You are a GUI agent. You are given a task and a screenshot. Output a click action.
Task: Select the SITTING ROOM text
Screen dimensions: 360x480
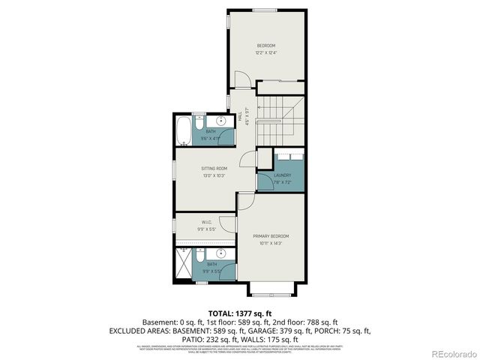(x=214, y=168)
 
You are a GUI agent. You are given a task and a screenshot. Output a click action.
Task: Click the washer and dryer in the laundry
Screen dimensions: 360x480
(x=289, y=158)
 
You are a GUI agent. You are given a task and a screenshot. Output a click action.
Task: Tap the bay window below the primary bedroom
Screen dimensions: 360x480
(x=265, y=289)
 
